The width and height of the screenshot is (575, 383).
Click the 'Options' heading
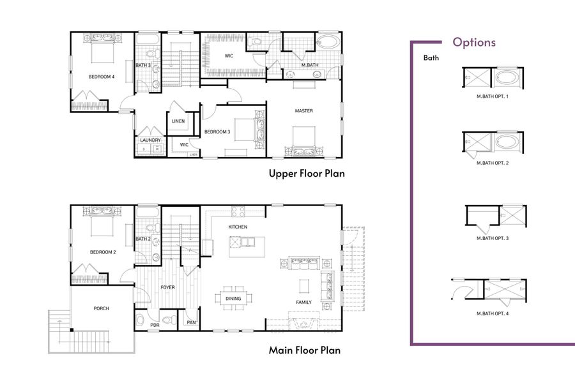pyautogui.click(x=473, y=43)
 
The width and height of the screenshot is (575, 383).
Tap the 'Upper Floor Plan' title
pyautogui.click(x=306, y=174)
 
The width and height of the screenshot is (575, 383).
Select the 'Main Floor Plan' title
pyautogui.click(x=304, y=350)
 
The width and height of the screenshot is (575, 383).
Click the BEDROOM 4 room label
pyautogui.click(x=102, y=77)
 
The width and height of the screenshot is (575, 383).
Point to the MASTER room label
pyautogui.click(x=303, y=111)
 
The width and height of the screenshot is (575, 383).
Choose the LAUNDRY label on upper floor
pyautogui.click(x=151, y=140)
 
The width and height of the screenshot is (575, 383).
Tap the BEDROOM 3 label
pyautogui.click(x=217, y=132)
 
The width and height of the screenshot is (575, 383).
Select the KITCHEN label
pyautogui.click(x=238, y=227)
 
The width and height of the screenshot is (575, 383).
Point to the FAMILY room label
pyautogui.click(x=303, y=302)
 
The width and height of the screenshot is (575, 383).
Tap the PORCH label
pyautogui.click(x=101, y=309)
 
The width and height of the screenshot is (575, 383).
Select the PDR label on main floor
pyautogui.click(x=154, y=325)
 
